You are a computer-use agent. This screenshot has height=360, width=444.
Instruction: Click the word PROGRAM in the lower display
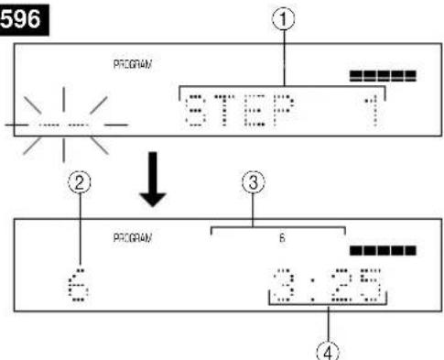126,236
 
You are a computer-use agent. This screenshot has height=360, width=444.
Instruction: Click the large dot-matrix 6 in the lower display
76,279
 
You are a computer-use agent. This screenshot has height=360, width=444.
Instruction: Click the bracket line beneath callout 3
278,226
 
